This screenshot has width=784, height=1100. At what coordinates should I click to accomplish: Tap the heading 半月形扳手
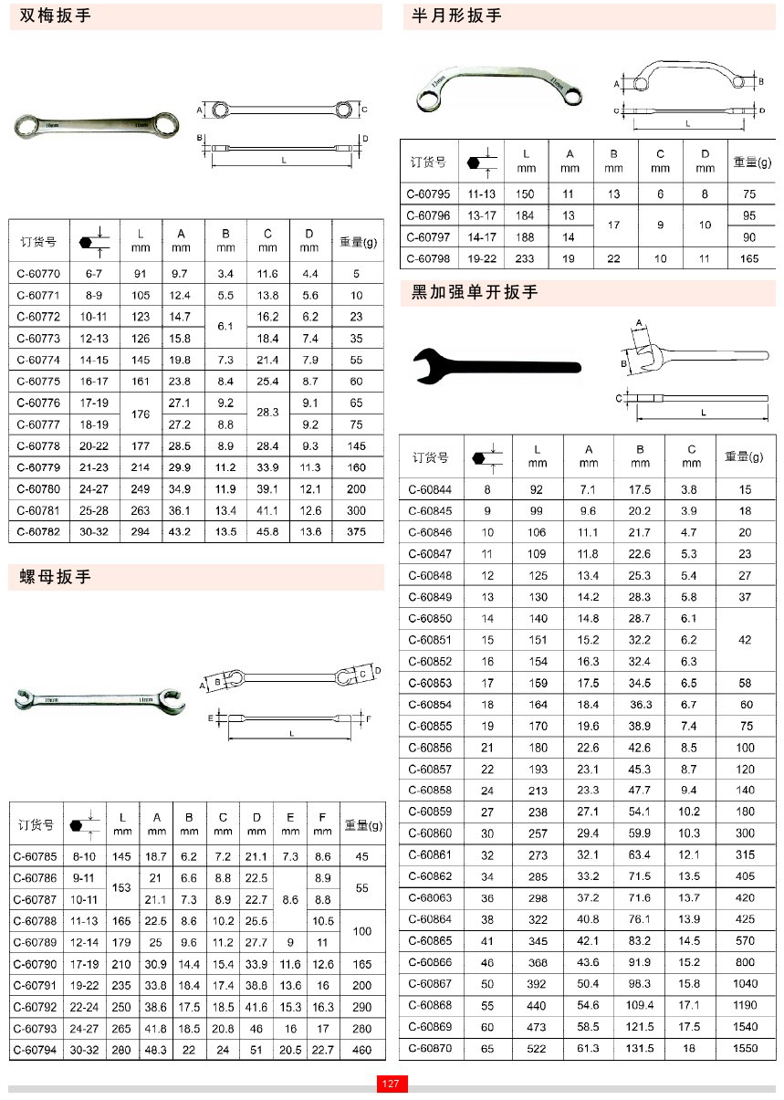pos(457,16)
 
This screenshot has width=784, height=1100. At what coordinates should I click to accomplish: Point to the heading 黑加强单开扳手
pos(475,292)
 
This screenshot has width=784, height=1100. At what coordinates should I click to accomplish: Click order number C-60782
pos(38,531)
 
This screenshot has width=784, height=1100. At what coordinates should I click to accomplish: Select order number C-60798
pos(428,259)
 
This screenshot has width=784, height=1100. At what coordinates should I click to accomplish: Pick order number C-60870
pos(430,1048)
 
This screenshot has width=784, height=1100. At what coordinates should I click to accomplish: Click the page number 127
pos(392,1084)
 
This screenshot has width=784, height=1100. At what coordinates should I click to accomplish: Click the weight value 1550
pos(745,1048)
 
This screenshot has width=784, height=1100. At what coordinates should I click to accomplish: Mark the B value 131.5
pos(639,1048)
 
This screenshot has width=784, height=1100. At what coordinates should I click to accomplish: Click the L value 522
pos(538,1048)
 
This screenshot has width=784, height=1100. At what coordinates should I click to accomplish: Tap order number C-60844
pos(430,489)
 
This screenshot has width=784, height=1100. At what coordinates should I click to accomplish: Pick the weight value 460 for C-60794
pos(362,1050)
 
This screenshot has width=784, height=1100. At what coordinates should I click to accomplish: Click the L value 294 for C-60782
pos(141,531)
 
